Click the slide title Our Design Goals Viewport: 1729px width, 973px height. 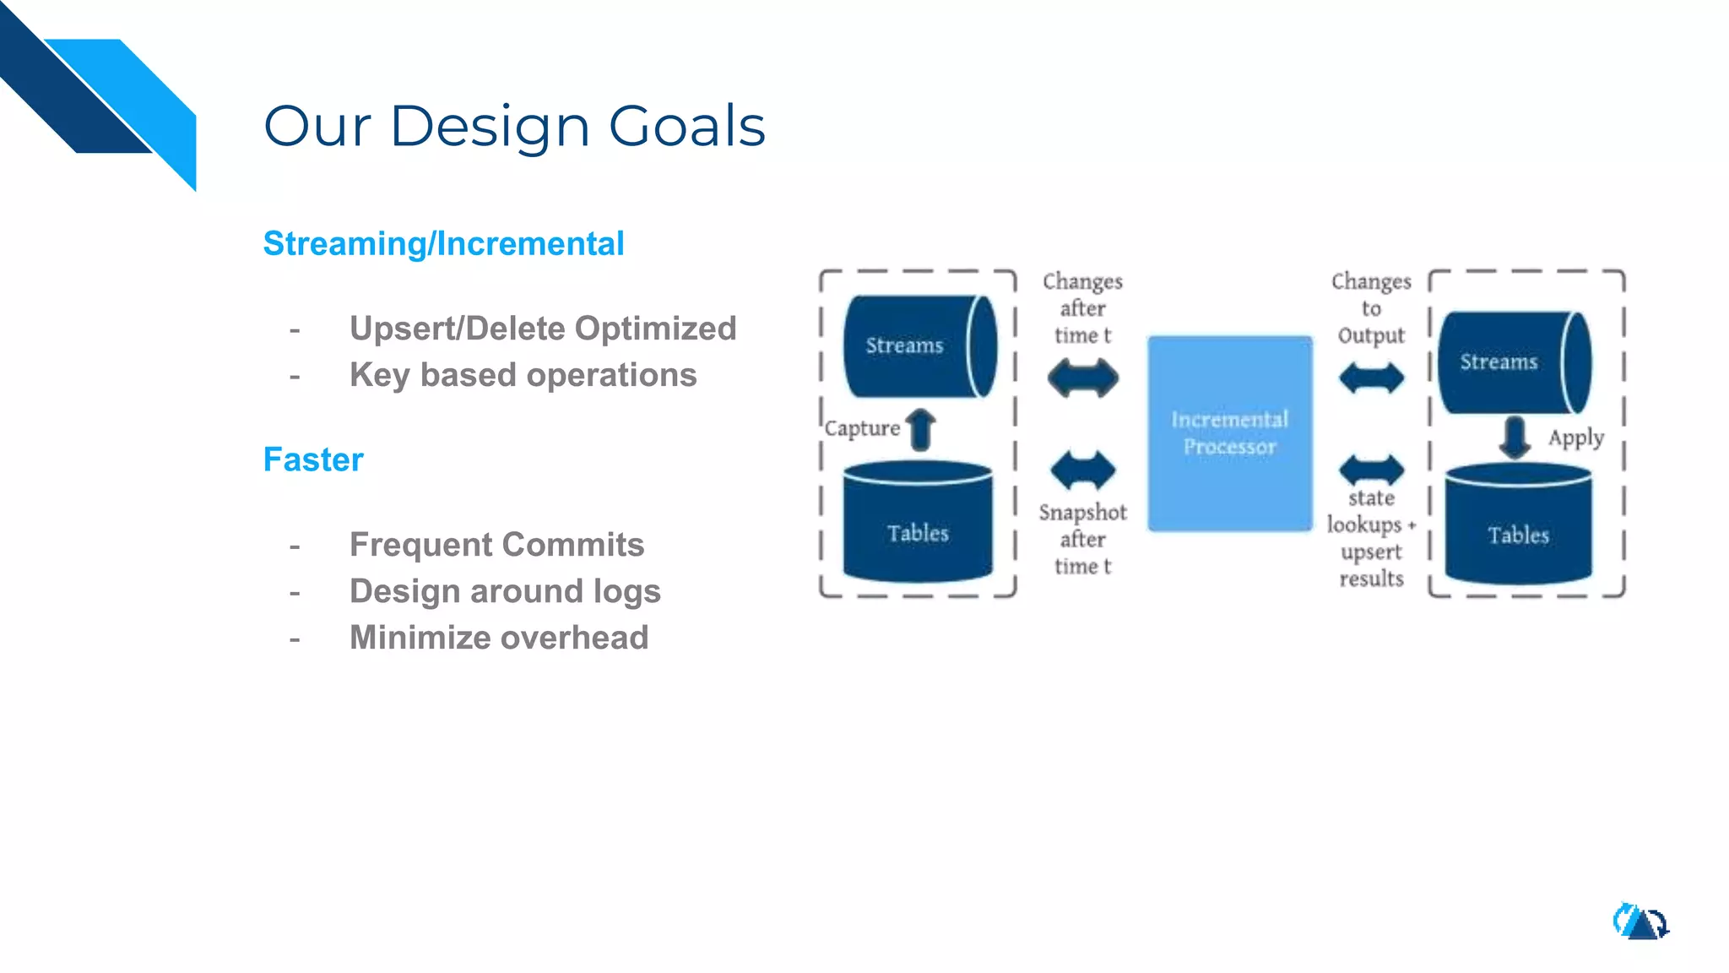click(x=514, y=127)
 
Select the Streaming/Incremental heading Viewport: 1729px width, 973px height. click(x=443, y=244)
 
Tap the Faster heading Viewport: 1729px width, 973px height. click(x=313, y=460)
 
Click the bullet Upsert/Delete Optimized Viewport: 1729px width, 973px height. click(x=542, y=329)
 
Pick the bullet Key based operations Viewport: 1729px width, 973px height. click(x=523, y=375)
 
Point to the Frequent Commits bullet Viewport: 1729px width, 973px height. click(x=496, y=545)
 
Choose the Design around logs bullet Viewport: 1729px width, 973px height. click(x=505, y=591)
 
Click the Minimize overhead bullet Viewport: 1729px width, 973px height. click(x=499, y=638)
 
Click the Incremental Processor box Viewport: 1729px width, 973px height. click(x=1229, y=433)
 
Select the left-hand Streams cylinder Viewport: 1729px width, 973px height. click(x=919, y=346)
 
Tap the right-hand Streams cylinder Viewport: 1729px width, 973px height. click(x=1513, y=362)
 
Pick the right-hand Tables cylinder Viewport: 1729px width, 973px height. click(x=1518, y=526)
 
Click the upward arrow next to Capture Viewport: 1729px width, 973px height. click(x=921, y=429)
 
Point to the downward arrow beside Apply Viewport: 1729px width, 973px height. click(x=1515, y=437)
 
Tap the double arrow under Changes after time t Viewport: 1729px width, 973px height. click(x=1083, y=378)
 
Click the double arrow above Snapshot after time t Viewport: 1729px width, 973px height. click(x=1083, y=470)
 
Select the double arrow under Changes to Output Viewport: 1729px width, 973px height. click(x=1371, y=378)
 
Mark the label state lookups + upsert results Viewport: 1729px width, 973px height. click(x=1370, y=538)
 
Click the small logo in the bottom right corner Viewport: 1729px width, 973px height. click(x=1640, y=921)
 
